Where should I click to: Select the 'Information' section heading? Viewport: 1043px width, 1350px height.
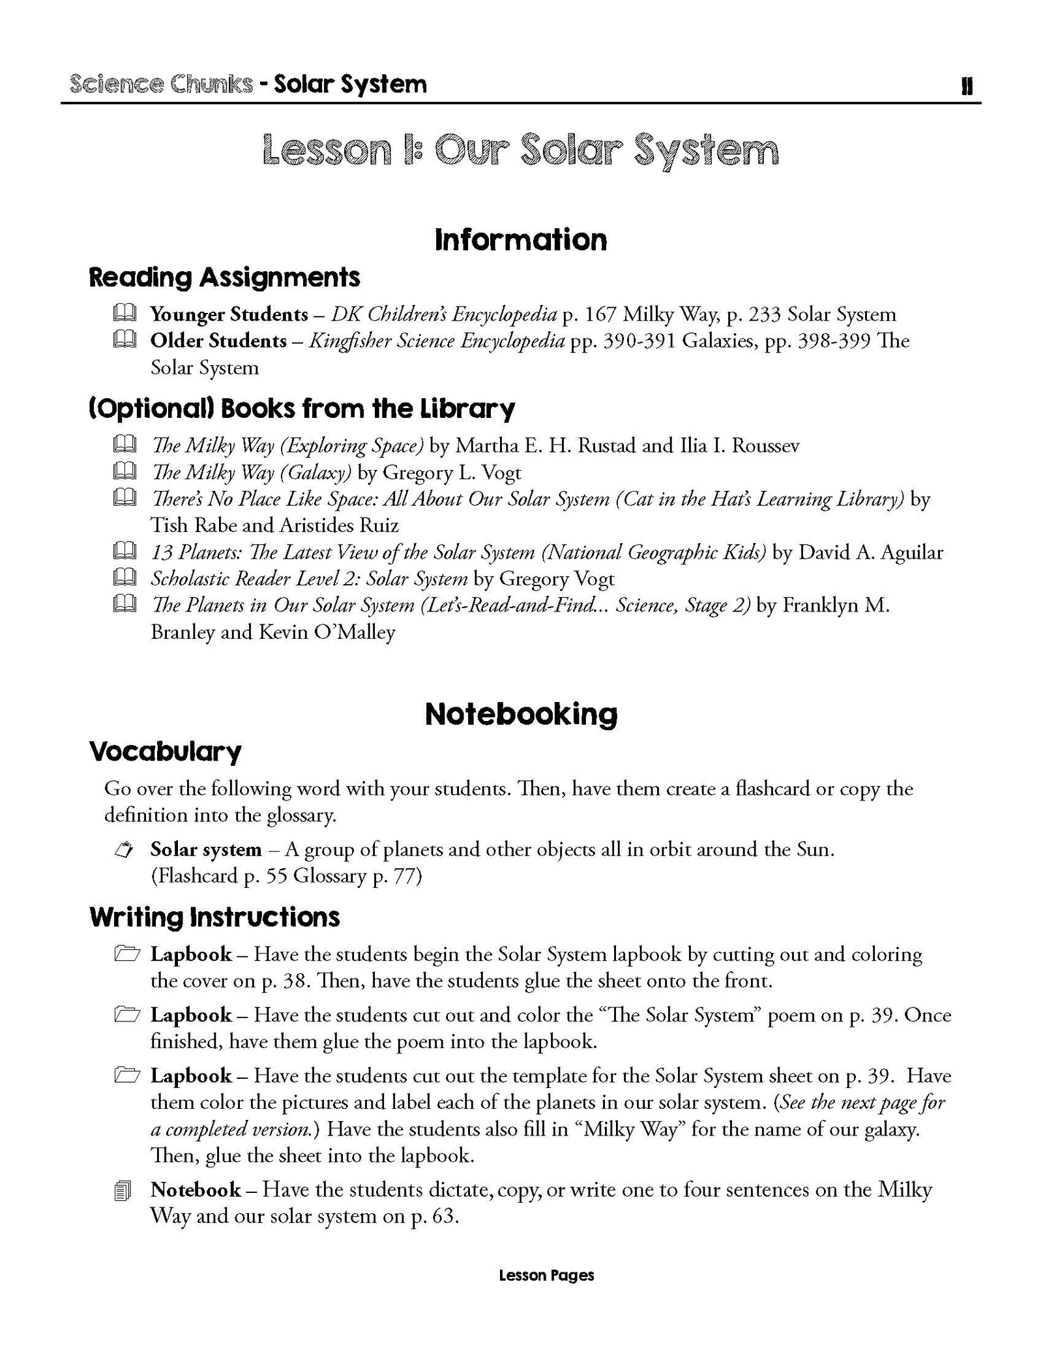(x=521, y=239)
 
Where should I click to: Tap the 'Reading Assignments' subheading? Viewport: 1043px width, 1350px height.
(x=224, y=277)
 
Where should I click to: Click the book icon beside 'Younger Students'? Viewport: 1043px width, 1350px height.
(x=124, y=314)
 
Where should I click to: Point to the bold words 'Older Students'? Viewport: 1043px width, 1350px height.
(x=218, y=340)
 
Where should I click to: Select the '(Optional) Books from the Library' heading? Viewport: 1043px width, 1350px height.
(x=301, y=409)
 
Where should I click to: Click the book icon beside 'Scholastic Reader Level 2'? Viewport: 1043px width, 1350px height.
(x=124, y=578)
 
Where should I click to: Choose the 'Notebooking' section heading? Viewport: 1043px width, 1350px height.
(x=521, y=714)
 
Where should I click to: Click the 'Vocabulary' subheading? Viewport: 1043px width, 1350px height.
(x=165, y=752)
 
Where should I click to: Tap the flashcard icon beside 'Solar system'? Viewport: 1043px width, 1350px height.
(x=124, y=849)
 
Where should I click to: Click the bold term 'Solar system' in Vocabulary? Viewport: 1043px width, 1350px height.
(x=206, y=849)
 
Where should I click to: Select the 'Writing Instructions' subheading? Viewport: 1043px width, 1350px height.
(x=214, y=917)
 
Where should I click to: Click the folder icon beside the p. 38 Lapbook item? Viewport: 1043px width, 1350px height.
(x=125, y=954)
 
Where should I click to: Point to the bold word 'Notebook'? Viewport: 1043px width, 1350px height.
(x=196, y=1190)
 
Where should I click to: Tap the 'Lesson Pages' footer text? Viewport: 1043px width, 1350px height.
(x=546, y=1293)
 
